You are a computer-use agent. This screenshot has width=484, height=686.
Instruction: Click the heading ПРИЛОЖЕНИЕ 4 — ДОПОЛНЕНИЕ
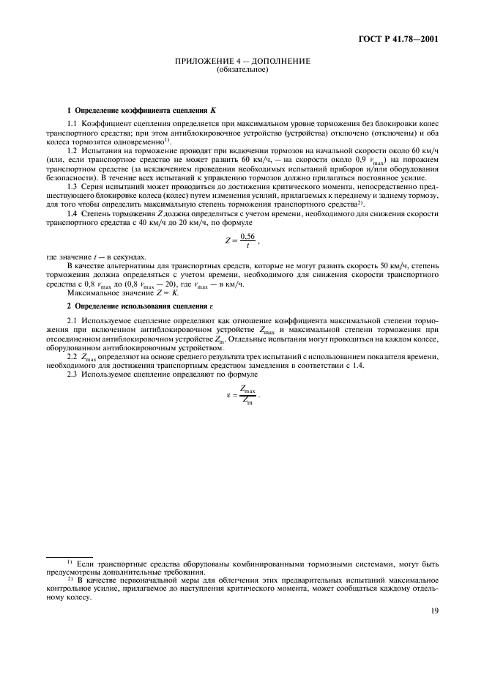242,61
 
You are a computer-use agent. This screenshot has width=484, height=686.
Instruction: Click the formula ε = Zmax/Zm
242,394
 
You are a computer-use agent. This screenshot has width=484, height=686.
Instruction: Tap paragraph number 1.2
72,149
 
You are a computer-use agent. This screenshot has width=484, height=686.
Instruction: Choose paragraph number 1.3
72,188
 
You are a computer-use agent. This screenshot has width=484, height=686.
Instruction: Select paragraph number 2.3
72,375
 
